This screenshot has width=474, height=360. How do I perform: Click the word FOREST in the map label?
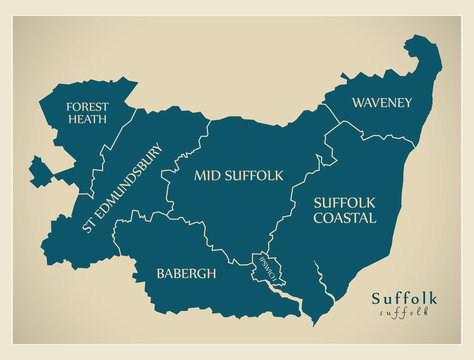[x=89, y=107]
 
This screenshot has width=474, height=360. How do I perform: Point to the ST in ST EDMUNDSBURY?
[x=89, y=227]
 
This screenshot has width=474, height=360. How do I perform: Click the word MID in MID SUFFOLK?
[x=206, y=176]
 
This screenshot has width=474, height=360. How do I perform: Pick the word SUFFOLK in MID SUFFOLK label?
[x=253, y=176]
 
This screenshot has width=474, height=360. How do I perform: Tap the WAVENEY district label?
[x=382, y=102]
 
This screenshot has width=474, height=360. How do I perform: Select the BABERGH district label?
[x=185, y=273]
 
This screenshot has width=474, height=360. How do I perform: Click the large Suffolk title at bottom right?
[x=404, y=298]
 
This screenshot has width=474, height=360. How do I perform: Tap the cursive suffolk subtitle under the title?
[x=404, y=313]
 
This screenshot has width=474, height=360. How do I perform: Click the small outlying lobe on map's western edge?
[x=40, y=171]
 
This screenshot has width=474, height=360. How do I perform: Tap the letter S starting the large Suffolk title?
[x=376, y=298]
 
